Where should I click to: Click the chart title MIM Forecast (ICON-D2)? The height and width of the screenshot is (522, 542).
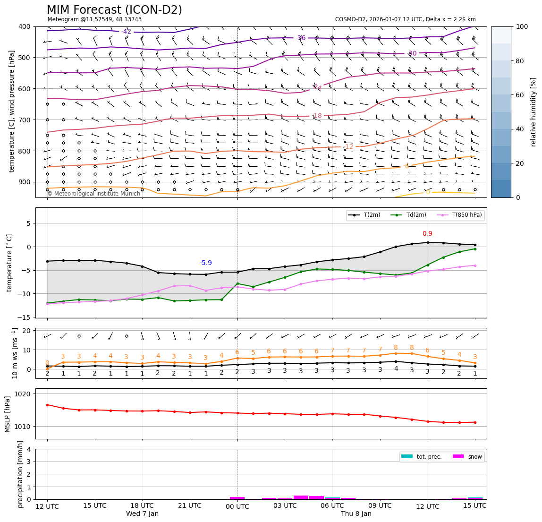[114, 10]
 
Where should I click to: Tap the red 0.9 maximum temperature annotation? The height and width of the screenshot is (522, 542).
[427, 233]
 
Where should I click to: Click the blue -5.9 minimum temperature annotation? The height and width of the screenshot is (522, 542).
[206, 263]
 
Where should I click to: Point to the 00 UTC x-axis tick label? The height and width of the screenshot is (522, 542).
[237, 506]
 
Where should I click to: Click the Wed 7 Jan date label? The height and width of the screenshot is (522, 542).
[142, 513]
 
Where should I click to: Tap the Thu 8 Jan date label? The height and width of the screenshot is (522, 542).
[356, 513]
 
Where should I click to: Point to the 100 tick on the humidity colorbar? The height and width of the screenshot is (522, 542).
[522, 26]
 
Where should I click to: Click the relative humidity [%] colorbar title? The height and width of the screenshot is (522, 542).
[534, 112]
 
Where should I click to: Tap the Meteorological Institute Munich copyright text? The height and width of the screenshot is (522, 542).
[94, 194]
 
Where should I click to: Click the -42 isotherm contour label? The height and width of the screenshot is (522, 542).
[126, 32]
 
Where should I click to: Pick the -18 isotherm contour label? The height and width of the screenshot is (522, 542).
[317, 116]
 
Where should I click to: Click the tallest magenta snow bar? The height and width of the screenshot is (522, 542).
[301, 497]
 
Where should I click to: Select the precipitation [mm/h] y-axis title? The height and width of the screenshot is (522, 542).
[20, 474]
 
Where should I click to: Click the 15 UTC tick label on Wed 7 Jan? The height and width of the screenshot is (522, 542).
[95, 506]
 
